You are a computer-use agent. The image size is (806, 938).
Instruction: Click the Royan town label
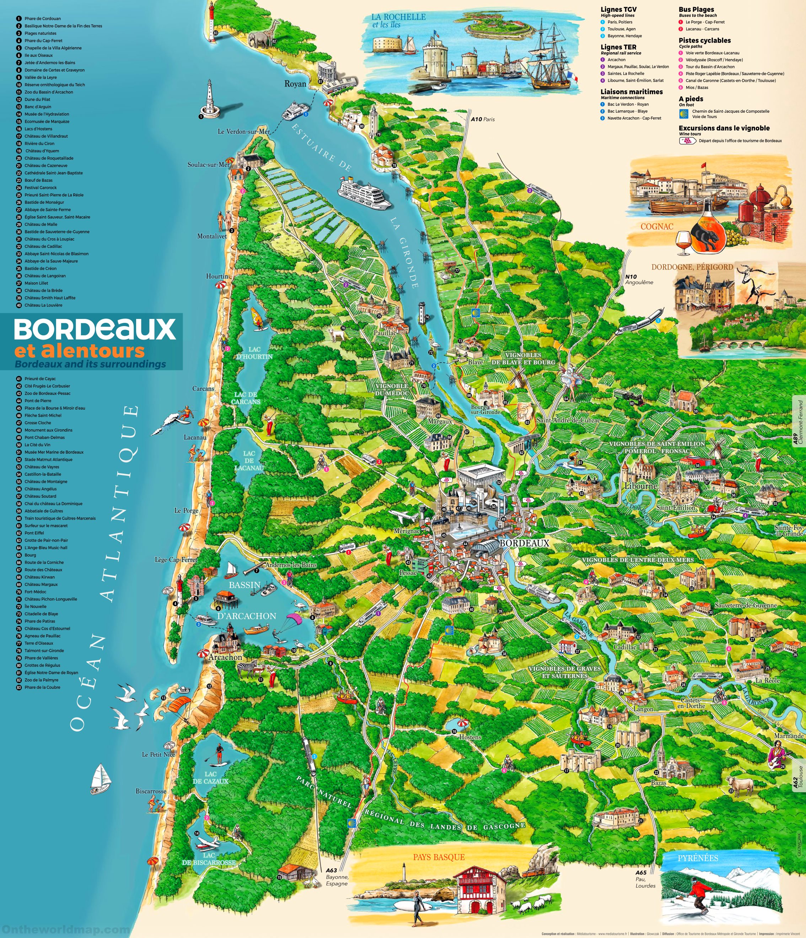pos(295,84)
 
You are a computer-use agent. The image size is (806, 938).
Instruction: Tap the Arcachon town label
pos(225,657)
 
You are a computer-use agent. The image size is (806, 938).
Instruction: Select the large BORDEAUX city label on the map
pos(524,543)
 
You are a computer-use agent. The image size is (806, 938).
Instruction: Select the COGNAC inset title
pos(657,226)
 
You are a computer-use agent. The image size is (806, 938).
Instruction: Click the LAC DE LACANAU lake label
pos(249,460)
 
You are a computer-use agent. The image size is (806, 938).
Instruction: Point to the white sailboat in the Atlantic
pos(101,779)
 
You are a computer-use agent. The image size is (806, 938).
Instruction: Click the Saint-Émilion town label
pos(675,507)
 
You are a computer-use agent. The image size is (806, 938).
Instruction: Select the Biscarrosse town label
pos(151,791)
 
